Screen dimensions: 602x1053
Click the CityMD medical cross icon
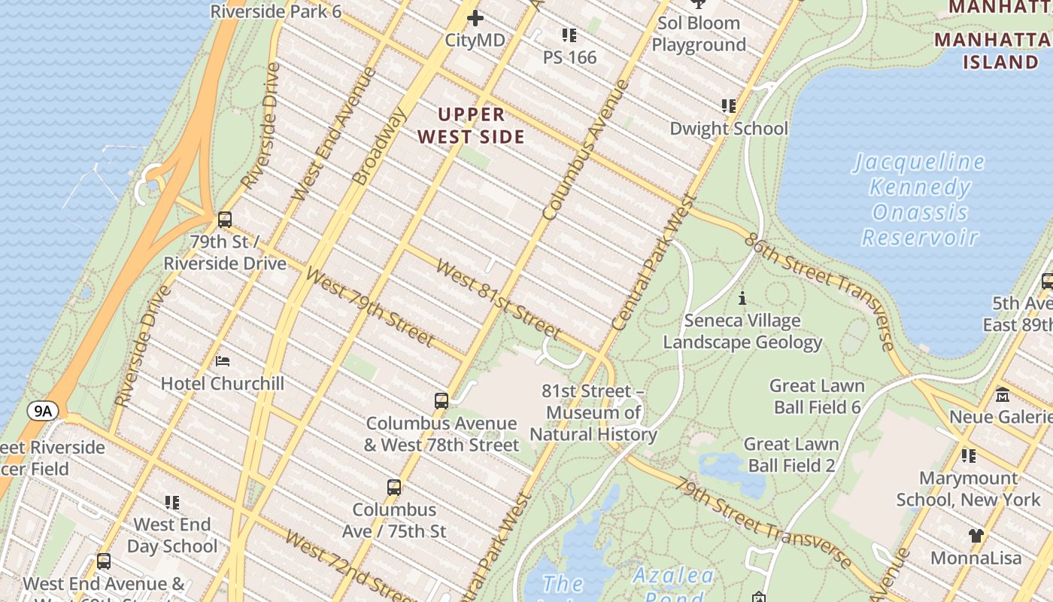[475, 18]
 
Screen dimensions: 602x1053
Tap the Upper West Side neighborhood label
[472, 126]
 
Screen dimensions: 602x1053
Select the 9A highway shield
[43, 411]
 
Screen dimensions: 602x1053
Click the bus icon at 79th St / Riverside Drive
[225, 220]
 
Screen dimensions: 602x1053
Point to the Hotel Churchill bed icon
[223, 361]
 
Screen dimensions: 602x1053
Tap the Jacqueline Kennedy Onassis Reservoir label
[919, 199]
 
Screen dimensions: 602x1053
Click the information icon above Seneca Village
[742, 299]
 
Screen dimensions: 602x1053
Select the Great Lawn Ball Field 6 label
[816, 397]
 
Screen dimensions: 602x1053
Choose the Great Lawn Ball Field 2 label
[791, 455]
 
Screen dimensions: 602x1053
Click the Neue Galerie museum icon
[1003, 395]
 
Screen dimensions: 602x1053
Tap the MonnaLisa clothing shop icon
[976, 536]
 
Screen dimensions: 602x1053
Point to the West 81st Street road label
[498, 299]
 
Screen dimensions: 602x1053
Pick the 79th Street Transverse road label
[763, 522]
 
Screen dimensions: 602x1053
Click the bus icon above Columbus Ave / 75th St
[394, 487]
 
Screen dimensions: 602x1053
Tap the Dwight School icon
[728, 106]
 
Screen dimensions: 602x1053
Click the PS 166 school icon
[569, 35]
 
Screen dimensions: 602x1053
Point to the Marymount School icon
[969, 456]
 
